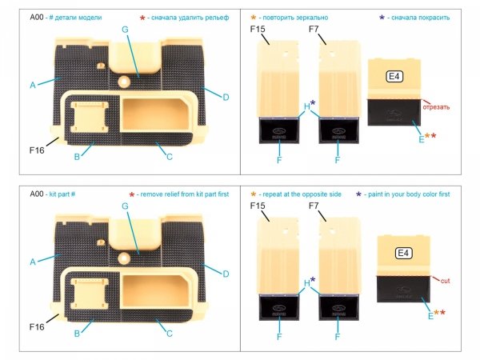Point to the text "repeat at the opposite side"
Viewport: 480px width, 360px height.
coord(307,194)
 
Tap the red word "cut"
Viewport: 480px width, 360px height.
coord(446,280)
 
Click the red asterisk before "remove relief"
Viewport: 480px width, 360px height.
coord(131,195)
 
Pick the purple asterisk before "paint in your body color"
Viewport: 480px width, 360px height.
coord(358,195)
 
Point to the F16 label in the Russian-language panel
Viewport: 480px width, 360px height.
coord(36,149)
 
